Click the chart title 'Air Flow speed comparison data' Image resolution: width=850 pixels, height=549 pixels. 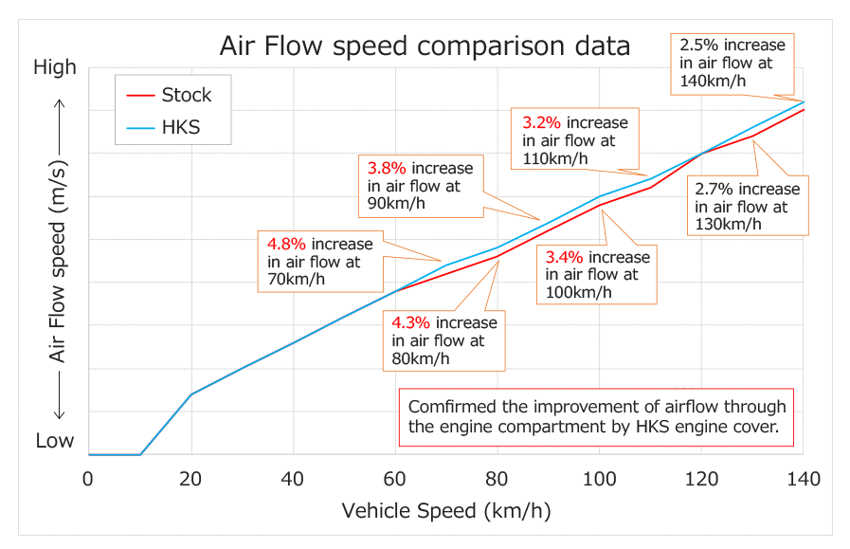tap(425, 46)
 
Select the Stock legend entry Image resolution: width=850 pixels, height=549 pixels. tap(186, 95)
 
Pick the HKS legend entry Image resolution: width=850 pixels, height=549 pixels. tap(180, 127)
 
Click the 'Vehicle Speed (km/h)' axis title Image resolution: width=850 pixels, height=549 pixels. tap(445, 511)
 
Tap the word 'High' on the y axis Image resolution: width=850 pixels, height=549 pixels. tap(54, 67)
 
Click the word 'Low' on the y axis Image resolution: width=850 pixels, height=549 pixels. tap(54, 441)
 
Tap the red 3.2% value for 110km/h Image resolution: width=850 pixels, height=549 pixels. tap(543, 123)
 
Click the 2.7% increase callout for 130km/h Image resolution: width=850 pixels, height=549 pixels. tap(747, 207)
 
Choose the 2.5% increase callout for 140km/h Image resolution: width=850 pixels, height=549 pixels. tap(732, 63)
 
